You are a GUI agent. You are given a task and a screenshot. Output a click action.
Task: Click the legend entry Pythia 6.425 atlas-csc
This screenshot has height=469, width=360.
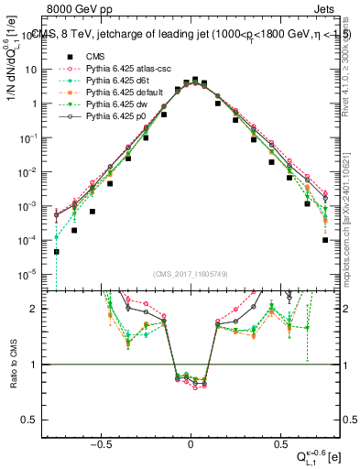click(122, 68)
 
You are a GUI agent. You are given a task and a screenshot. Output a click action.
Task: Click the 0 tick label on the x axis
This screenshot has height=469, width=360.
click(191, 443)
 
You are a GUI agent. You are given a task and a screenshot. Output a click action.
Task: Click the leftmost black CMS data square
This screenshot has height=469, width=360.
click(57, 252)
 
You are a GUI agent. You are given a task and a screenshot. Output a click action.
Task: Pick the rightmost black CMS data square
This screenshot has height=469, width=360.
click(325, 241)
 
